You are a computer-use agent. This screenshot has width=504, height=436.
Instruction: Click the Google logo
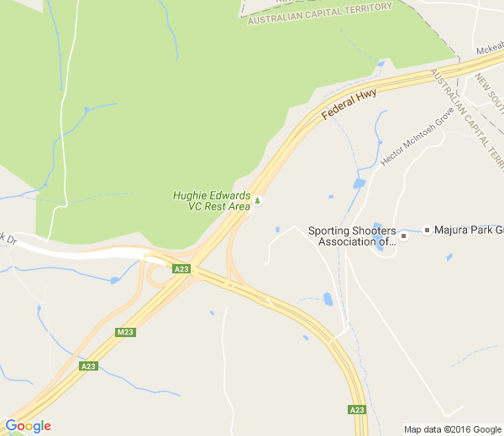(x=28, y=426)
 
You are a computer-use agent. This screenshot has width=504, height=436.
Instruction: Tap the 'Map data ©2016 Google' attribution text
(x=452, y=429)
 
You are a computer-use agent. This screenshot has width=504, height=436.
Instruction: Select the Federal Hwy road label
(x=349, y=104)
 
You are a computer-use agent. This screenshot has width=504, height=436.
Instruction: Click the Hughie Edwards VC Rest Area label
(x=212, y=200)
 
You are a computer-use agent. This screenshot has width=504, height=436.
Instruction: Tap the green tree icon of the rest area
(x=258, y=200)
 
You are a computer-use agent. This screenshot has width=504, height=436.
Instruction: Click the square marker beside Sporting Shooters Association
(x=403, y=236)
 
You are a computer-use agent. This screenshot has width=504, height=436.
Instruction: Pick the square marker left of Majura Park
(x=427, y=230)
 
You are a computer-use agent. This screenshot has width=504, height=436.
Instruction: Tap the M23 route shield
(x=125, y=333)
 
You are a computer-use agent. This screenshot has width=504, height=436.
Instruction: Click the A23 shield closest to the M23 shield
(x=88, y=366)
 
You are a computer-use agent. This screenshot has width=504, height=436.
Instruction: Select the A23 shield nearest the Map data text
(x=357, y=410)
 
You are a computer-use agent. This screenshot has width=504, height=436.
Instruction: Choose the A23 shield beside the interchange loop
(x=181, y=269)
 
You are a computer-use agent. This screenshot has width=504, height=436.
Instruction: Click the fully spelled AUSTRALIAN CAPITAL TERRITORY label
(x=319, y=13)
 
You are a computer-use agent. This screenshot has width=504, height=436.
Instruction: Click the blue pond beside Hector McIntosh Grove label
(x=360, y=183)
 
